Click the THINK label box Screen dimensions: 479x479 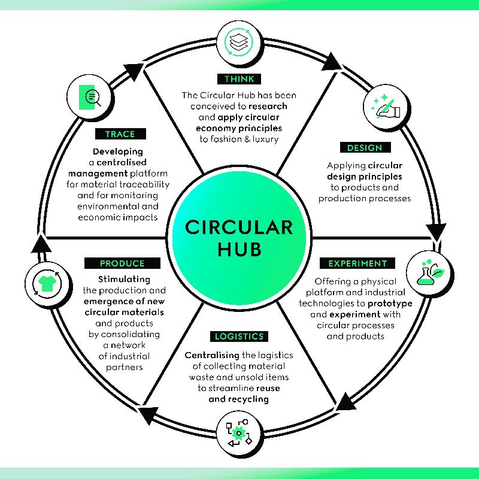point(239,79)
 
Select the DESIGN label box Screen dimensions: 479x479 point(365,147)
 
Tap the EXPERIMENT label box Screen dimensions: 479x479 point(357,263)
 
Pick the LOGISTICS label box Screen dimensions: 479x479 point(239,336)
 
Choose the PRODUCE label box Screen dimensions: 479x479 point(122,263)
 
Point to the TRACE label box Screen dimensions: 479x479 point(120,134)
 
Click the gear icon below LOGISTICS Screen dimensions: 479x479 point(238,433)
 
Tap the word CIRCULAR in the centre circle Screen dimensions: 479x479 point(239,228)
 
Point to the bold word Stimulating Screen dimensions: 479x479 point(125,280)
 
